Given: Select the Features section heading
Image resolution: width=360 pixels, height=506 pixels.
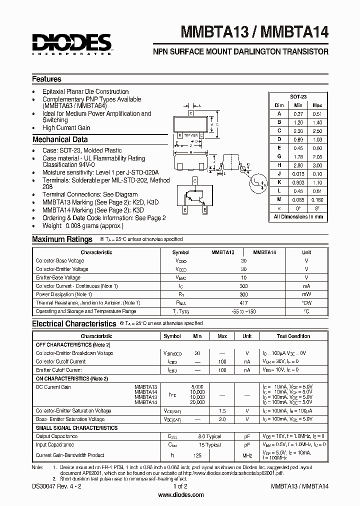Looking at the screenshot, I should [x=47, y=79].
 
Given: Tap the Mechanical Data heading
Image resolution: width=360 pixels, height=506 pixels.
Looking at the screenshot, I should [x=60, y=140].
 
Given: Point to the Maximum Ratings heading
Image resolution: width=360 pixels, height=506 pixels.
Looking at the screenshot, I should [x=62, y=239].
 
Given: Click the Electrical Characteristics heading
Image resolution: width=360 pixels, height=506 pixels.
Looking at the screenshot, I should [x=74, y=324].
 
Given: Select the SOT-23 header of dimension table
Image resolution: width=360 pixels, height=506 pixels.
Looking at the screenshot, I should [x=298, y=96].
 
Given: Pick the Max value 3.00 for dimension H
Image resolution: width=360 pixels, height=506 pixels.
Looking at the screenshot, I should [x=317, y=165].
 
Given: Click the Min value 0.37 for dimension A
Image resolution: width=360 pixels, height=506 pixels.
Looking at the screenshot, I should [x=298, y=113].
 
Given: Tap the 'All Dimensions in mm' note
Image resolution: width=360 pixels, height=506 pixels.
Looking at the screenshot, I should [x=298, y=217].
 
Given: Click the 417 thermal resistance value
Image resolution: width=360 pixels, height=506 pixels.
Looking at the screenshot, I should [x=243, y=303].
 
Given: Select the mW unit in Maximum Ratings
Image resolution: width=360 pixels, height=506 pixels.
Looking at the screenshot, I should [x=306, y=294].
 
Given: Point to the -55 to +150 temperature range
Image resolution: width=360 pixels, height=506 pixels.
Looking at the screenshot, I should [x=243, y=311].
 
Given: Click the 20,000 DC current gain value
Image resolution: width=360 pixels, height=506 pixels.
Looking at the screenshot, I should [x=197, y=402].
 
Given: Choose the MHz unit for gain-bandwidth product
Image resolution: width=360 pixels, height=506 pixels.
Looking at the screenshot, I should [x=247, y=455].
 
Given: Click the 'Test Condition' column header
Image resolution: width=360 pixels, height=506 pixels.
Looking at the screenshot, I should [x=293, y=336].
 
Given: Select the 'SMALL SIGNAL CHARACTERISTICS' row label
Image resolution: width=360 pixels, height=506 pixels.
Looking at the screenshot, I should [x=77, y=428].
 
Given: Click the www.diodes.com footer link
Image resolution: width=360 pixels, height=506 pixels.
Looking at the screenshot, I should [x=180, y=495].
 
